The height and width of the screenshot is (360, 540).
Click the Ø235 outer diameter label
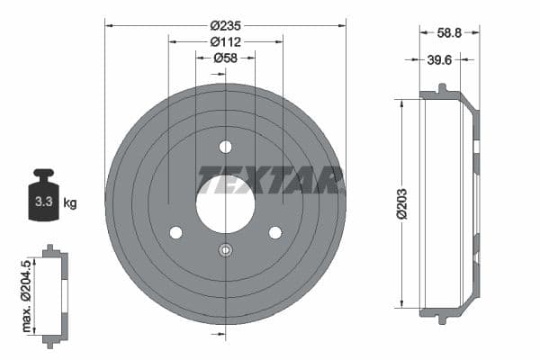(x=225, y=26)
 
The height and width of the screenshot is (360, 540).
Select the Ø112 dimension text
(x=225, y=42)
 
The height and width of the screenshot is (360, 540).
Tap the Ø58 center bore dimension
(x=225, y=58)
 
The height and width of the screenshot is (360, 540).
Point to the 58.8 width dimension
(x=449, y=31)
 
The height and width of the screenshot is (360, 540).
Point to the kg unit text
(x=70, y=202)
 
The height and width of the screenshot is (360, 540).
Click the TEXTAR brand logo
(x=270, y=180)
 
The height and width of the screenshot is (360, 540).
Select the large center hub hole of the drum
(x=225, y=199)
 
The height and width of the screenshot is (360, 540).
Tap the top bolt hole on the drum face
(x=225, y=147)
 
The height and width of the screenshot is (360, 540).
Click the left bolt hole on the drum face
(x=175, y=232)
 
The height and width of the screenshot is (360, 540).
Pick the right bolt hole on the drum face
(x=274, y=232)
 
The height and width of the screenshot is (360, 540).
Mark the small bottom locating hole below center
(x=225, y=251)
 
